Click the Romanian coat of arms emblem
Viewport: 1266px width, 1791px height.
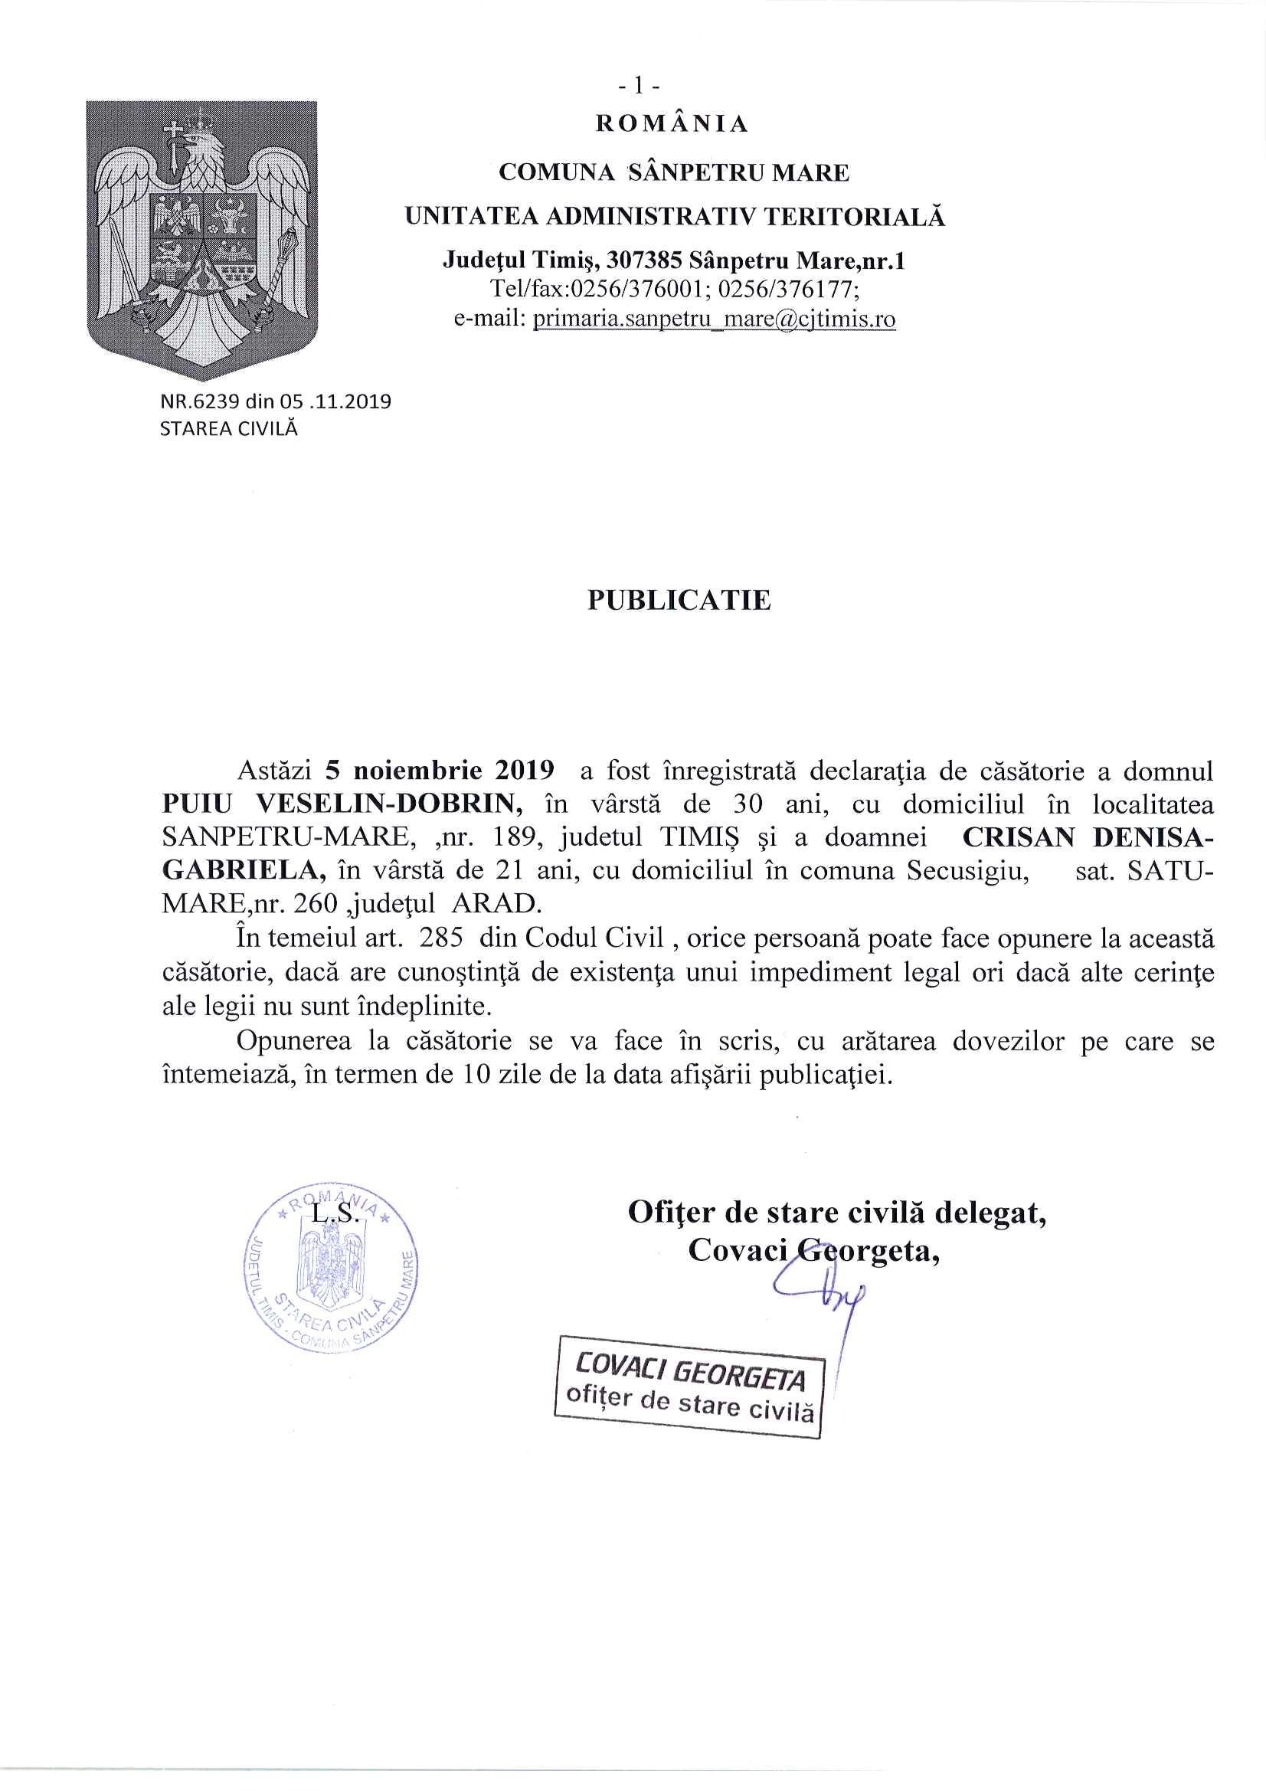(201, 240)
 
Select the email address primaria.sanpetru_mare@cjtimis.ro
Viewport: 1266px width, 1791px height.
(714, 319)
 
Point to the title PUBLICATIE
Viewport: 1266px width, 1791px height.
(679, 600)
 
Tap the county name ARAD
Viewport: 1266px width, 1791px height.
(496, 904)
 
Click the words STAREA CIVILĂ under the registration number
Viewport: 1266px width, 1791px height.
(228, 428)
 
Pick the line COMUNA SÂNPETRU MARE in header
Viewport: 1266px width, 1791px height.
(674, 172)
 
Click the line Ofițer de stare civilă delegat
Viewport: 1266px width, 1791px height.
(837, 1213)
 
